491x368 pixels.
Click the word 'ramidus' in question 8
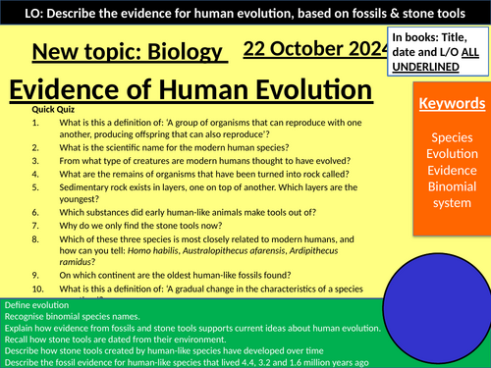[x=82, y=265]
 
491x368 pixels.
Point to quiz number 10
[x=37, y=289]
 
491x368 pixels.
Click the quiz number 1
[x=35, y=124]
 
